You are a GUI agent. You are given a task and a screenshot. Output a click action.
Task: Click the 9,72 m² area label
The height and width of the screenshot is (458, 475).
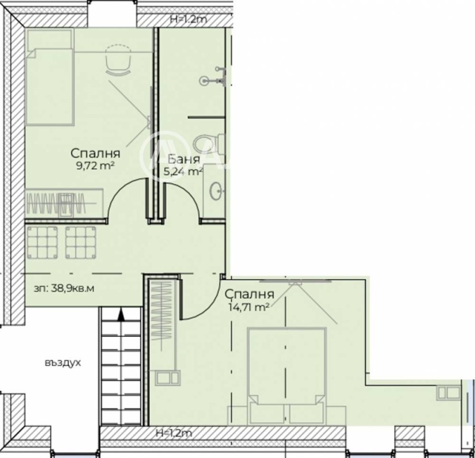pos(96,166)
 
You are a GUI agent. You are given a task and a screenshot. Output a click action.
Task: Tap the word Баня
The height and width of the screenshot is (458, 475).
pos(183,159)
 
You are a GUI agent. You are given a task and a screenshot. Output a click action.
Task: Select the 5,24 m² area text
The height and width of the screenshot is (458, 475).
pos(183,172)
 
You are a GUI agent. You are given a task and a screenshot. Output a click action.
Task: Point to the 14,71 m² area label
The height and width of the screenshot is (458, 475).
pos(249,307)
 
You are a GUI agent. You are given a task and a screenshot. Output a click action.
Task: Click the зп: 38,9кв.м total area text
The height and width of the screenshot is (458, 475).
pos(64,288)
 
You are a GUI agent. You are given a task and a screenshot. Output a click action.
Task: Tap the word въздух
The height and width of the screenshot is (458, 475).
pos(63,363)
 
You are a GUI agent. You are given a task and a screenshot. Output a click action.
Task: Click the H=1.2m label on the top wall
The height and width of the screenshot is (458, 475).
pos(188,20)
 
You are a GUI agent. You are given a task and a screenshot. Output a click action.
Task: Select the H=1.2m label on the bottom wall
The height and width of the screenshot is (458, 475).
pos(174,433)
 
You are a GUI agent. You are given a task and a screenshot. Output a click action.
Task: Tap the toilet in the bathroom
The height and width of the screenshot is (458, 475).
pos(209,144)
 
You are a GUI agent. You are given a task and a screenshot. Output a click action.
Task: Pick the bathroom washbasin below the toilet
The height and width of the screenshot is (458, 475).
pos(216,191)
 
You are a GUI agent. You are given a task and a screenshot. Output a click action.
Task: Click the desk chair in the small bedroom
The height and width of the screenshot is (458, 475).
pos(118,60)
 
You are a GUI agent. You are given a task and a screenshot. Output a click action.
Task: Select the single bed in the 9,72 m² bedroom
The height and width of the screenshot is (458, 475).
pos(50,77)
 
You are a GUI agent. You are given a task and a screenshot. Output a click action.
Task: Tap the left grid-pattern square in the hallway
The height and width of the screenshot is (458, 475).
pos(42,242)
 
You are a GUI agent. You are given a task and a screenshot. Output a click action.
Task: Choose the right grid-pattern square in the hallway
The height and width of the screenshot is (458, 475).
pos(81,242)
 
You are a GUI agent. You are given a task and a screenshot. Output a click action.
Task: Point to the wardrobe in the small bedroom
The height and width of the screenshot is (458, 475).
pos(64,203)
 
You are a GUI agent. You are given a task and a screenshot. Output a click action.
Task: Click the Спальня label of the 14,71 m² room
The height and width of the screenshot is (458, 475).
pos(249,294)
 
